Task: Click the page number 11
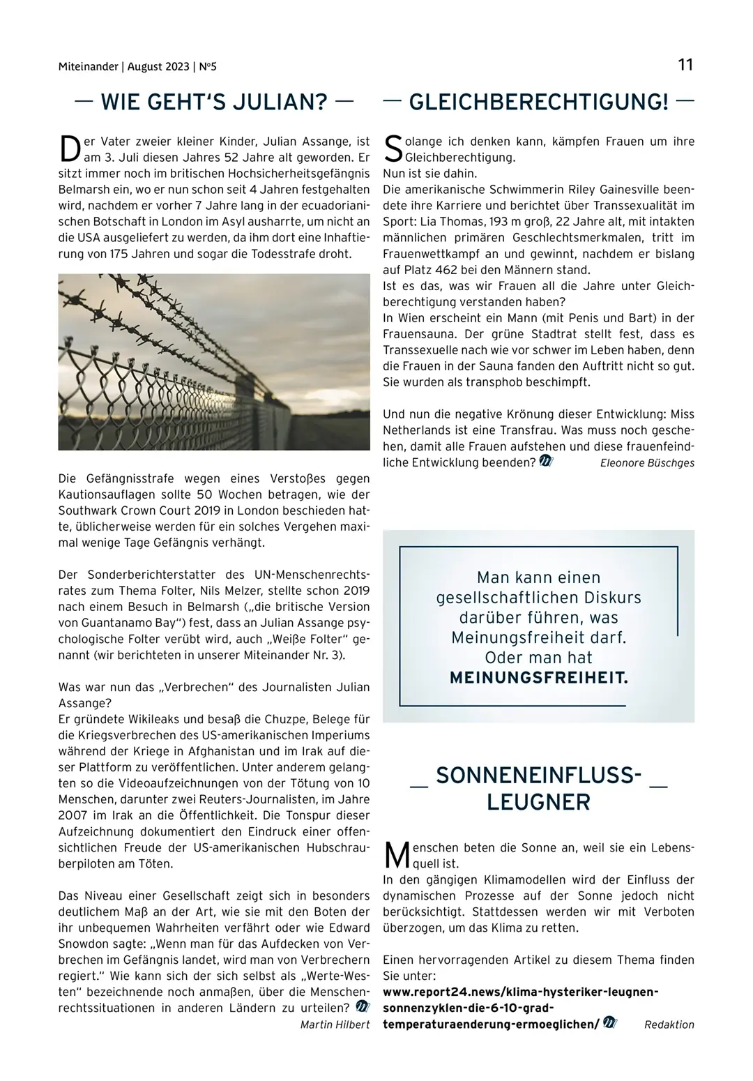tap(685, 65)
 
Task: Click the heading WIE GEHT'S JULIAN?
tap(214, 103)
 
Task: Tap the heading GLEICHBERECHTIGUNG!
tap(538, 103)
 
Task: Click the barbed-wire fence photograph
tap(214, 361)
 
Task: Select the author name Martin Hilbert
tap(335, 1025)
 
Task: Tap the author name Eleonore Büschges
tap(647, 463)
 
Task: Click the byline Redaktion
tap(669, 1025)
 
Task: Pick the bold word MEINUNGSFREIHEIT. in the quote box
tap(538, 678)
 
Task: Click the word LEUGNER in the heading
tap(538, 802)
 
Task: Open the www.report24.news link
tap(520, 992)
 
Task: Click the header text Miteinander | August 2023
tap(124, 67)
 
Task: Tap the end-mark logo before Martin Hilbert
tap(363, 1007)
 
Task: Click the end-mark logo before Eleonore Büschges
tap(546, 461)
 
